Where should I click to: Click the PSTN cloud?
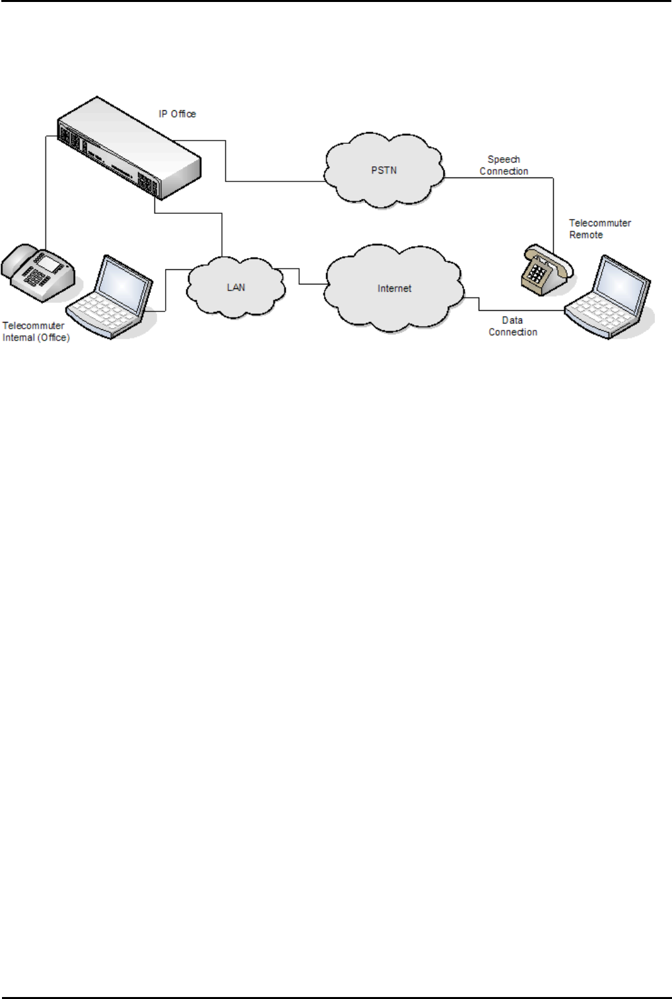[384, 170]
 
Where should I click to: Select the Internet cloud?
[394, 288]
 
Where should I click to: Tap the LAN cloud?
[236, 288]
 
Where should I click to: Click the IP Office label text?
[177, 114]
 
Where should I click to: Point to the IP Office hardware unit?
[129, 149]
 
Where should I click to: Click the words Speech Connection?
[504, 166]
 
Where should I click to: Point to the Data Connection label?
[512, 326]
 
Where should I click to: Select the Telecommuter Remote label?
[599, 229]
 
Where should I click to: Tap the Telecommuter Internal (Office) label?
[36, 331]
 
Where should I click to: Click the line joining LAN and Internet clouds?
[300, 277]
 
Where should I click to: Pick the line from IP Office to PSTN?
[226, 162]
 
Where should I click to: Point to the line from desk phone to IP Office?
[46, 191]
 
